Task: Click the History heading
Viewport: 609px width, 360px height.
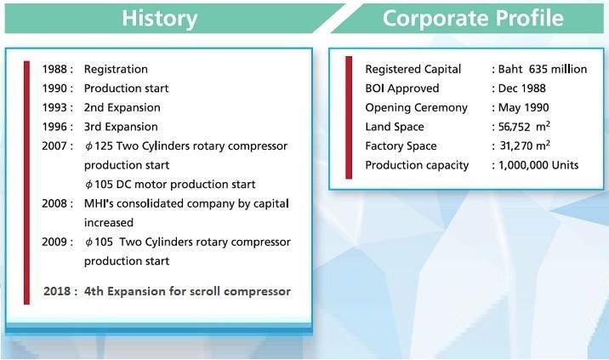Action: (160, 18)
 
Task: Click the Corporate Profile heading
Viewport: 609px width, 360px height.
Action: (473, 18)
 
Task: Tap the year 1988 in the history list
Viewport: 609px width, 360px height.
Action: (54, 69)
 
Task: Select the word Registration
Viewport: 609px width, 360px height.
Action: (116, 69)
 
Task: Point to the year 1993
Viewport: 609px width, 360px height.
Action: (54, 108)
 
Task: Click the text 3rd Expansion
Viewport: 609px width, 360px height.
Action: (121, 127)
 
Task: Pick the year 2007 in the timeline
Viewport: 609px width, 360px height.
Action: (54, 146)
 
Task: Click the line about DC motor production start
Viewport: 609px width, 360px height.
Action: (170, 185)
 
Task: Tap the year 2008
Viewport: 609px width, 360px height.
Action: (54, 203)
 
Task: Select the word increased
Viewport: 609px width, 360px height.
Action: (109, 223)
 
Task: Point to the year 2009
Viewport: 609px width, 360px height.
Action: (54, 242)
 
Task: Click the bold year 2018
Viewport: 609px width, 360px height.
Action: (57, 291)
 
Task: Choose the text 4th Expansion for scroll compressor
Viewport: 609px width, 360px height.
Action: (187, 291)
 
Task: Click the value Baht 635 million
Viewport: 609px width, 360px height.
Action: (542, 69)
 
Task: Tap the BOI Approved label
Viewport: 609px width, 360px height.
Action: (402, 89)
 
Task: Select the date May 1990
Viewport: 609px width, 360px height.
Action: (523, 108)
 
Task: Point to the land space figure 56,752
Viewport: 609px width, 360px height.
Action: (515, 127)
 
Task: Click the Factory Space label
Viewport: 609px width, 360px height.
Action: (401, 146)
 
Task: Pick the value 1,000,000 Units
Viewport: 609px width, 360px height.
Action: (538, 165)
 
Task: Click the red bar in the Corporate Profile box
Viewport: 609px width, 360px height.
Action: (349, 117)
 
